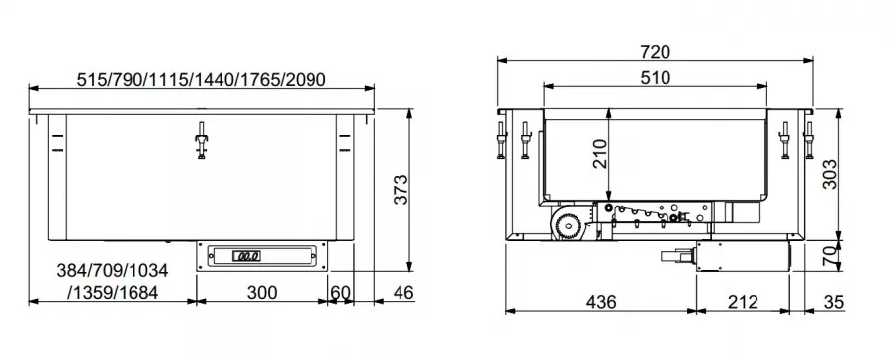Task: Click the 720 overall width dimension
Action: (655, 52)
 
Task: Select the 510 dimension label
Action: (655, 78)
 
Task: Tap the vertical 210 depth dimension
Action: (600, 154)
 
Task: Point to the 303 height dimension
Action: (830, 174)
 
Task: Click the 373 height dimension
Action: (400, 190)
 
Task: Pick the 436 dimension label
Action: (600, 302)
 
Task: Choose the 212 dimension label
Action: (743, 302)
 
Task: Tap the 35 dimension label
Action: (834, 302)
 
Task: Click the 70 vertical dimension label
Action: (830, 256)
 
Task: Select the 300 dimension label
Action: (262, 293)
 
